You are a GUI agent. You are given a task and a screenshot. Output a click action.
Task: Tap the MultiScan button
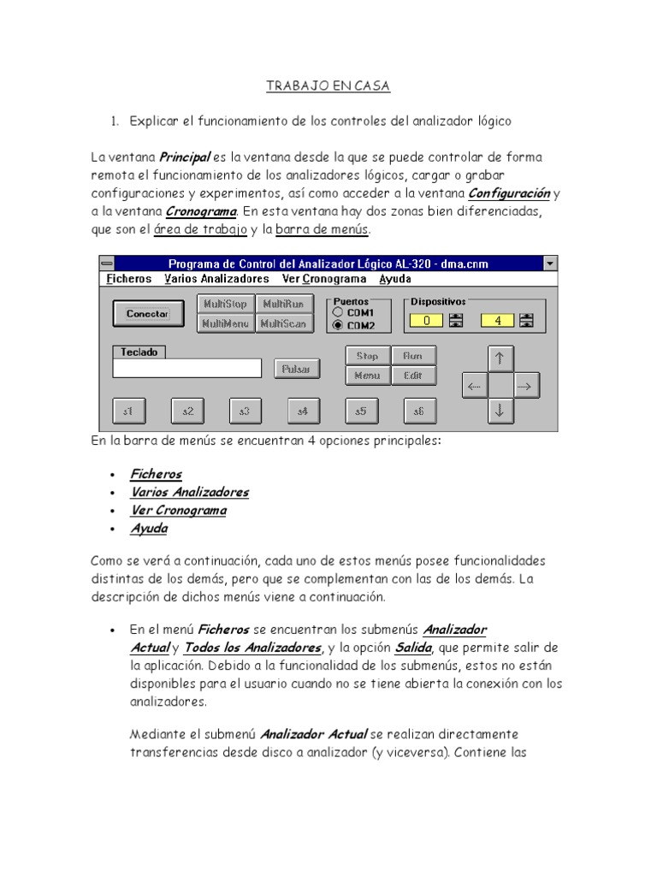point(283,323)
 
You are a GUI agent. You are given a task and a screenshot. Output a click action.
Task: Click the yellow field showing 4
point(497,321)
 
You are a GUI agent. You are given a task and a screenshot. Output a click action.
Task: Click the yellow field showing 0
point(427,321)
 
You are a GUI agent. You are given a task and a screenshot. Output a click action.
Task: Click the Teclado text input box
point(186,368)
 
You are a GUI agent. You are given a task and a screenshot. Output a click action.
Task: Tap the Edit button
point(413,375)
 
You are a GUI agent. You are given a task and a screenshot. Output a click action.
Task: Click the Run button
point(413,355)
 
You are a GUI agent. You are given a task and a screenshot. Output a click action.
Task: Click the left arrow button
point(474,387)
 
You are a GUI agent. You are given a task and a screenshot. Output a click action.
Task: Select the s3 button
point(245,411)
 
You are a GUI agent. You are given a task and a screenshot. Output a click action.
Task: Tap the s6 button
point(418,411)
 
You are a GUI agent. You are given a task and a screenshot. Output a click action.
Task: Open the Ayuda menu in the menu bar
point(395,279)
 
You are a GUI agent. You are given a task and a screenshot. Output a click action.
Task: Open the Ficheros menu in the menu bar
point(129,279)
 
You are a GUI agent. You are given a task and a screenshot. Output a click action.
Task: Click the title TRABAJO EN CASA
point(328,86)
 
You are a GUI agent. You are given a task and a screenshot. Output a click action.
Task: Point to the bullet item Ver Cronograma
point(178,510)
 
